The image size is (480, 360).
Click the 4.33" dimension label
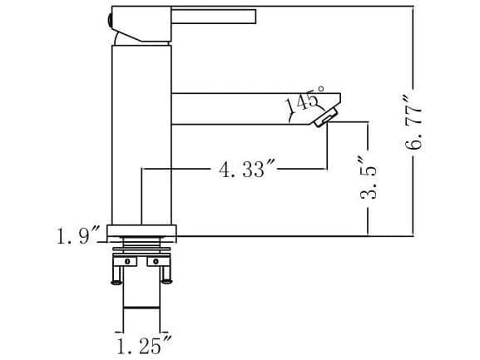tap(246, 170)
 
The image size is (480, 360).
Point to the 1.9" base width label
tap(78, 236)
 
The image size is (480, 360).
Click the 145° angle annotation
tap(302, 102)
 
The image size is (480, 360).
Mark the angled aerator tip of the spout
tap(328, 117)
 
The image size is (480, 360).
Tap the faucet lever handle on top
tap(212, 16)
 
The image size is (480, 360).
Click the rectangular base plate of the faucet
tap(143, 230)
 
